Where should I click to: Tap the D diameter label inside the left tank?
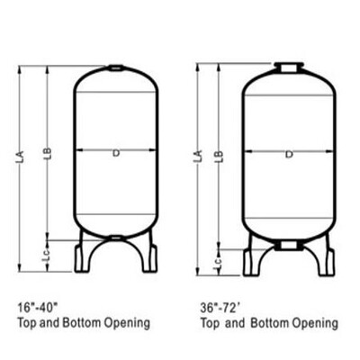[x=115, y=154]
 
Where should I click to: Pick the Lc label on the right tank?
[x=217, y=263]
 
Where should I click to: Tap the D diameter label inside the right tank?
[x=289, y=154]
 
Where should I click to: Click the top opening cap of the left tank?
[x=115, y=67]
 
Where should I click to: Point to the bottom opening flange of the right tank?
[x=289, y=245]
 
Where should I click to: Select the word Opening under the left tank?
[x=129, y=322]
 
